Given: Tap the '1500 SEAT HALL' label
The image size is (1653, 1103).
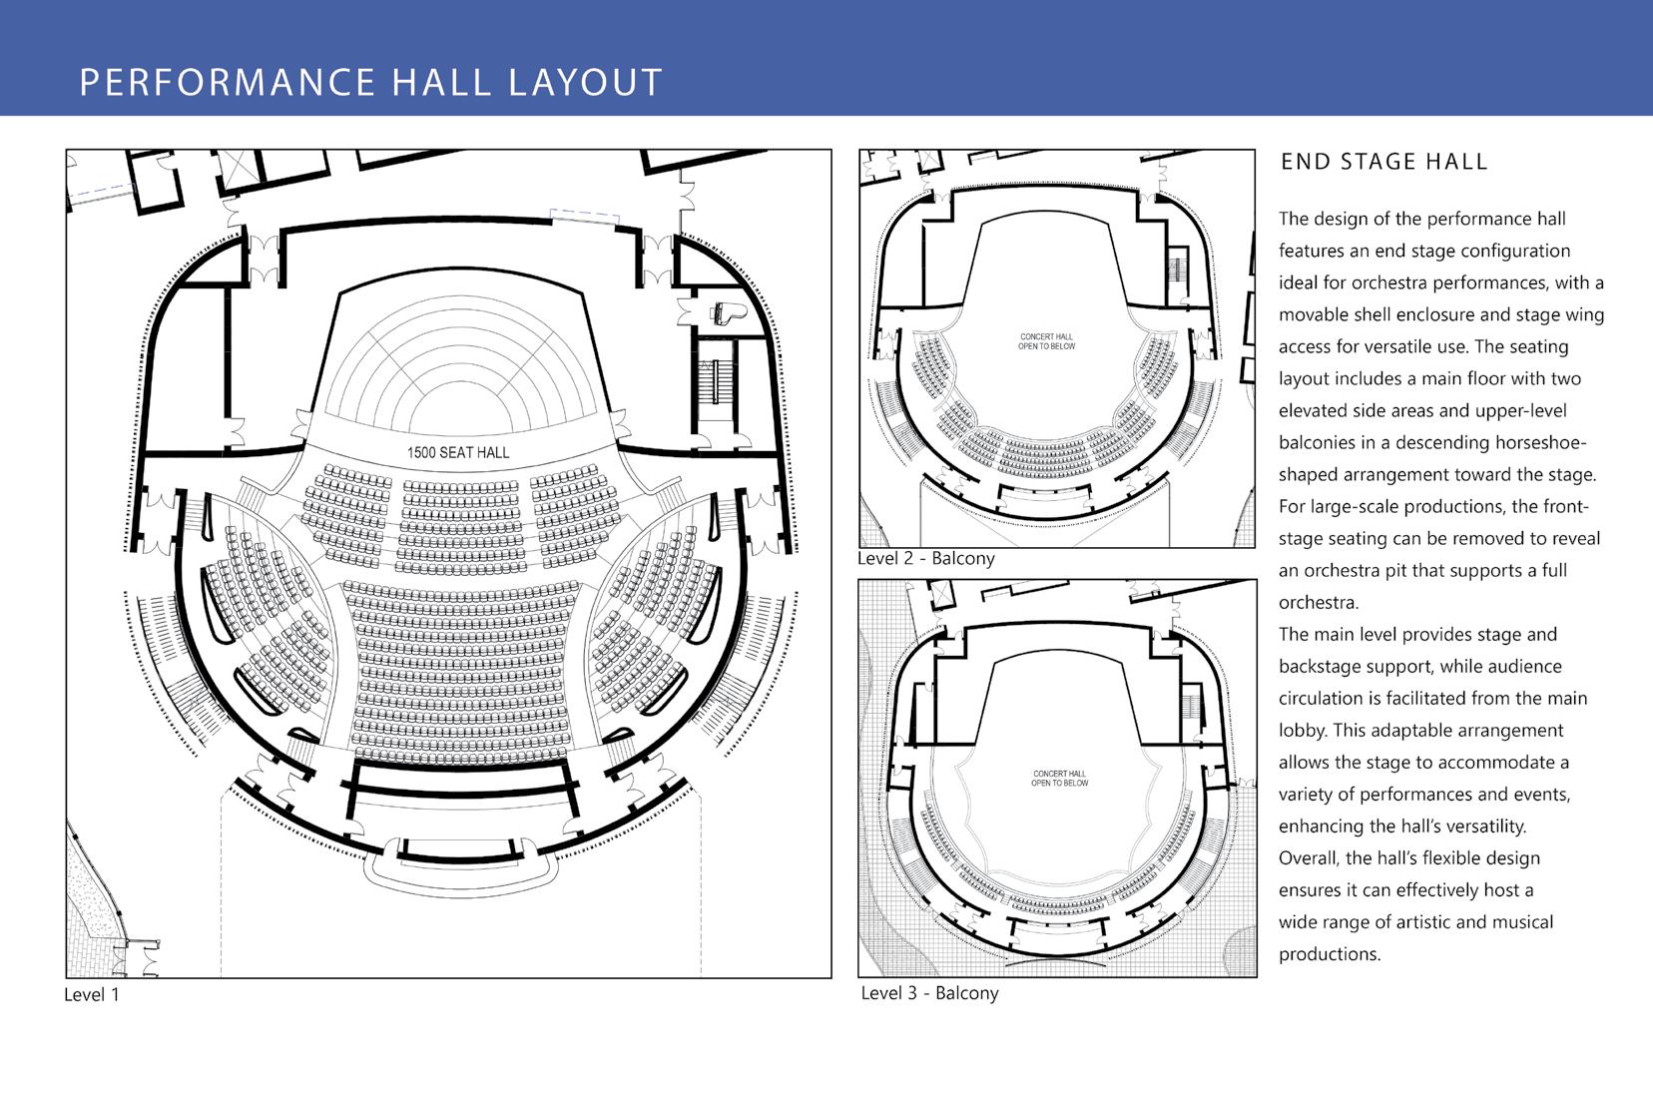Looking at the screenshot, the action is point(458,453).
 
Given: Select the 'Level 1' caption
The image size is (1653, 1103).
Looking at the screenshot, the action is point(91,994).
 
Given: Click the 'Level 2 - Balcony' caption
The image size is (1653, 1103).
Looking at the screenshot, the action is point(926,559).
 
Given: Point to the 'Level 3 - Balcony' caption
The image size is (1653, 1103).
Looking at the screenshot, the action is point(929,993).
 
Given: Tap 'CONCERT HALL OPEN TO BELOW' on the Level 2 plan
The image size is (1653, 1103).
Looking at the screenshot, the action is point(1046,341).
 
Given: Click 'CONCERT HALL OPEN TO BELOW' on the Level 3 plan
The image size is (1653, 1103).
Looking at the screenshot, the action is point(1060,779).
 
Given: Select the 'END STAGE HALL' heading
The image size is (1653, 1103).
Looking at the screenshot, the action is point(1383,162).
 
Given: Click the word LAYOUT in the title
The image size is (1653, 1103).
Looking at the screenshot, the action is point(586,82).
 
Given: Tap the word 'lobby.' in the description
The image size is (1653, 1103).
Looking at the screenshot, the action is point(1303,730).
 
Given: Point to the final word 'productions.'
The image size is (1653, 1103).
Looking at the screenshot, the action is point(1330,953).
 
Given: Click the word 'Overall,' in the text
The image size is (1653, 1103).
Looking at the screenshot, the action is point(1309,857).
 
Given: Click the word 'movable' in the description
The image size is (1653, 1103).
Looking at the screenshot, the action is point(1313,314).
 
